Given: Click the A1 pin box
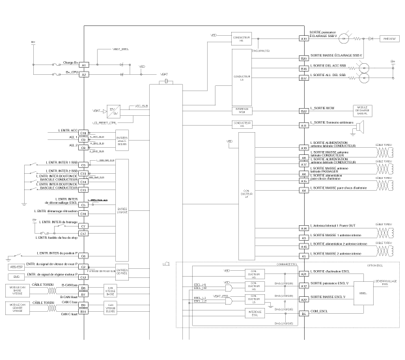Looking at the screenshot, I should pyautogui.click(x=83, y=66).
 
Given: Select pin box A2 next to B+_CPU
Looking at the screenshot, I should pyautogui.click(x=83, y=75).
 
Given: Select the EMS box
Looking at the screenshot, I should pyautogui.click(x=15, y=277).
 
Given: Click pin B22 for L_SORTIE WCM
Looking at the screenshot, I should pyautogui.click(x=303, y=111).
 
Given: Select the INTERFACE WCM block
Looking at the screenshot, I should pyautogui.click(x=242, y=110).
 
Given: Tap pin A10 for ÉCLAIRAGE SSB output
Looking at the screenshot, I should pyautogui.click(x=303, y=39).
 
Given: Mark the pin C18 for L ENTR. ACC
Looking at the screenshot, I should pyautogui.click(x=83, y=132).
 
